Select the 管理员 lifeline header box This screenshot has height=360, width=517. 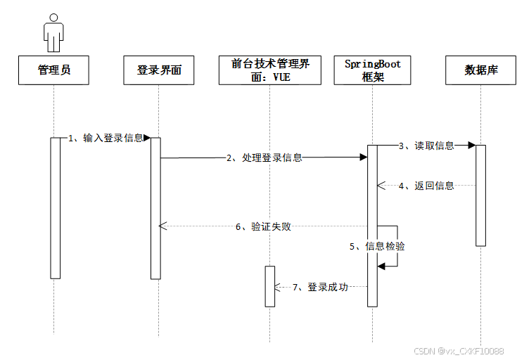point(54,70)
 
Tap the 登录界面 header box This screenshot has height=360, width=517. point(158,70)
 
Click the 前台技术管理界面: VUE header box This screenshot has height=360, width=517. point(270,70)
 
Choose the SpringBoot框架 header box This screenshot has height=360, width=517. point(373,70)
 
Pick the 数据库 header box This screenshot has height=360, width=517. point(481,70)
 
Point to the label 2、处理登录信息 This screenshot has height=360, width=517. point(264,158)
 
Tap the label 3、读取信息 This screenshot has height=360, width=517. point(426,146)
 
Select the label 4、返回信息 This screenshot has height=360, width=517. point(426,186)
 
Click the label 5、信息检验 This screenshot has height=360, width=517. point(377,247)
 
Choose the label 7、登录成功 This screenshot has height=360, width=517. point(320,287)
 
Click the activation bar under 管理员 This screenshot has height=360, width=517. point(56,207)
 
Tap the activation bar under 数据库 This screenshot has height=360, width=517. point(481,195)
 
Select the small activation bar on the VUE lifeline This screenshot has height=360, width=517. point(269,286)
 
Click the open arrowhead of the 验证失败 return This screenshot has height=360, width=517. point(162,226)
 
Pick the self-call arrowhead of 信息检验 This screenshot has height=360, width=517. point(381,266)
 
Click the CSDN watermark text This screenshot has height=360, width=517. point(458,351)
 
